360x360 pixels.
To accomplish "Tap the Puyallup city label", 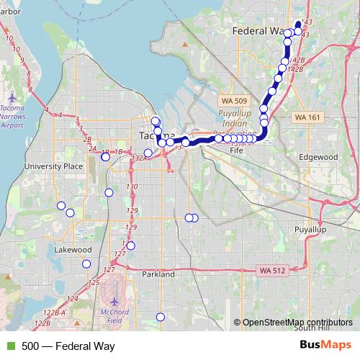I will [311, 229].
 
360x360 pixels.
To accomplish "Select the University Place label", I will [49, 166].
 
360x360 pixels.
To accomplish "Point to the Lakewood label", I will [73, 250].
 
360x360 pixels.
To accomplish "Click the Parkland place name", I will [158, 274].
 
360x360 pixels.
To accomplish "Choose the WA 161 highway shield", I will [307, 117].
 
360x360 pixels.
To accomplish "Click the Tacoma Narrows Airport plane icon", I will [14, 96].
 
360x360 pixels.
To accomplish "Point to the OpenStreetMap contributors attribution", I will [297, 323].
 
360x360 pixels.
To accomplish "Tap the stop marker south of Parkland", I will [161, 318].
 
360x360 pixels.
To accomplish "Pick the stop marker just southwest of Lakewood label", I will [86, 264].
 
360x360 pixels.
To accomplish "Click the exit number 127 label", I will [109, 270].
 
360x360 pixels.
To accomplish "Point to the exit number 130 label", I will [132, 187].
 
